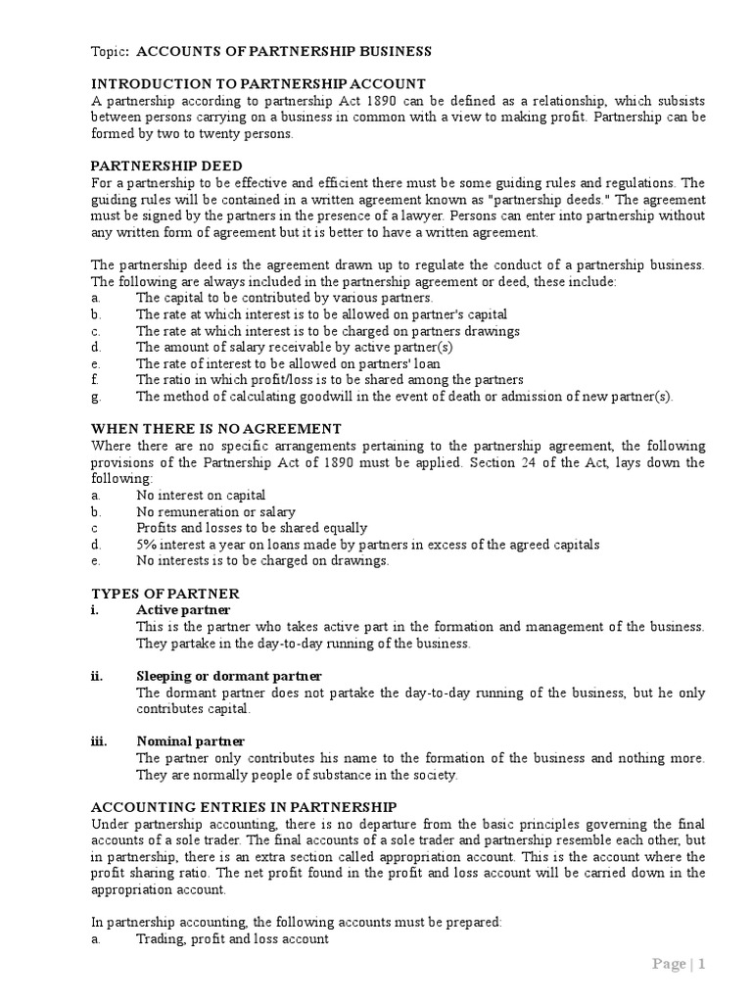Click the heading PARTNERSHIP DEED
[166, 166]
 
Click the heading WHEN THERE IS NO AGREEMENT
[216, 428]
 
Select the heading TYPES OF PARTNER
[165, 594]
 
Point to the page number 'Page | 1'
[679, 964]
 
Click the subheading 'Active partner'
[183, 610]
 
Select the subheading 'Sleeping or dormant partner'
[229, 676]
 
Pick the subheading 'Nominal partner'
[190, 741]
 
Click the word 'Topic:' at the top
[110, 51]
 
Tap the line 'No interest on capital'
[201, 496]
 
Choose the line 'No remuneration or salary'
[215, 511]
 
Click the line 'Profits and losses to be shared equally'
[252, 528]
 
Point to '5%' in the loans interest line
[148, 545]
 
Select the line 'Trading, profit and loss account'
[232, 939]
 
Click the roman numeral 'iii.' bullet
[99, 741]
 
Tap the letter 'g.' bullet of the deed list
[96, 397]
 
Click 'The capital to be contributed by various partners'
[284, 298]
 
